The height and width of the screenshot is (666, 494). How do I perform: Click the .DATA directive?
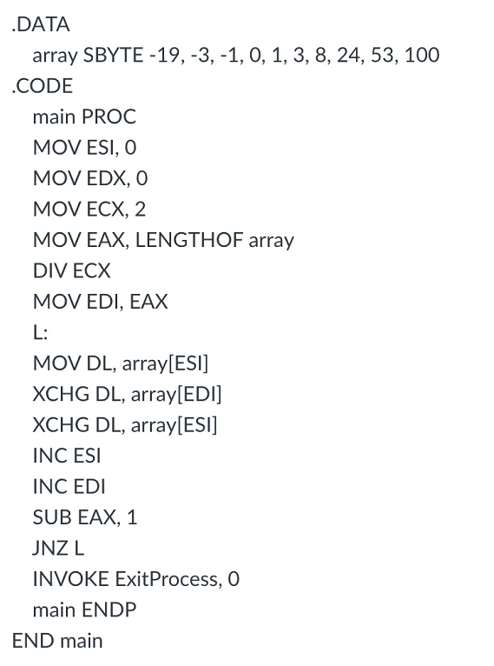pyautogui.click(x=41, y=24)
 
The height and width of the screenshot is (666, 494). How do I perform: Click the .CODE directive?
pyautogui.click(x=43, y=86)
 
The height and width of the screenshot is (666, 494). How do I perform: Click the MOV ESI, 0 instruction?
pyautogui.click(x=90, y=148)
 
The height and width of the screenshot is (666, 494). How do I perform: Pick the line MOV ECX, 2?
pyautogui.click(x=90, y=210)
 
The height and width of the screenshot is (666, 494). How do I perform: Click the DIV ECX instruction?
pyautogui.click(x=71, y=270)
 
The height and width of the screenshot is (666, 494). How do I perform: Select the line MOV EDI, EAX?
pyautogui.click(x=100, y=302)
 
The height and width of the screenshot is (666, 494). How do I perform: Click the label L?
pyautogui.click(x=40, y=332)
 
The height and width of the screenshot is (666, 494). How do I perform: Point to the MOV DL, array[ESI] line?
pyautogui.click(x=121, y=363)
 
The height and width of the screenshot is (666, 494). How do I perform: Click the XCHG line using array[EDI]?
pyautogui.click(x=127, y=394)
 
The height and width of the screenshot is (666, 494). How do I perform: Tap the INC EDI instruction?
pyautogui.click(x=69, y=486)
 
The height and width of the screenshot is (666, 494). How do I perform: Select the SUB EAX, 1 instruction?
pyautogui.click(x=84, y=517)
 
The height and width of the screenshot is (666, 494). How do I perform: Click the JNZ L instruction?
pyautogui.click(x=58, y=548)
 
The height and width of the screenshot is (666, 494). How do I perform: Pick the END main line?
pyautogui.click(x=57, y=641)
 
